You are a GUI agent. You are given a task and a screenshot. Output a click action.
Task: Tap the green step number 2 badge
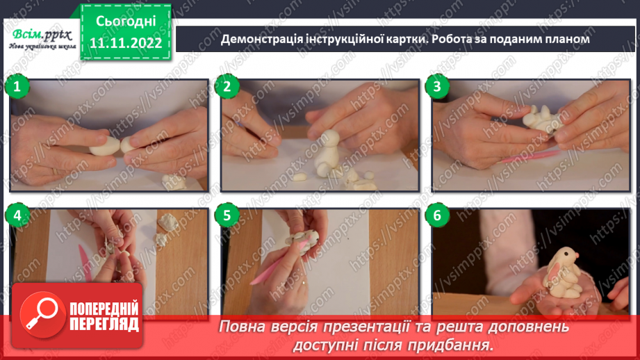click(227, 87)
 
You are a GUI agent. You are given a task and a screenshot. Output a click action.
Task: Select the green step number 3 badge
click(437, 87)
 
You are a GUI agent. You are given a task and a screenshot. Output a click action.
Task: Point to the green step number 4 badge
click(17, 215)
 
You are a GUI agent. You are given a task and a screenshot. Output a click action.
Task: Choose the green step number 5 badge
click(227, 215)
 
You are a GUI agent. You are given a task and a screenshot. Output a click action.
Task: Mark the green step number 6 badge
click(437, 215)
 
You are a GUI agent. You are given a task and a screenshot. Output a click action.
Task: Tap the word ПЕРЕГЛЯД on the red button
click(104, 325)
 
